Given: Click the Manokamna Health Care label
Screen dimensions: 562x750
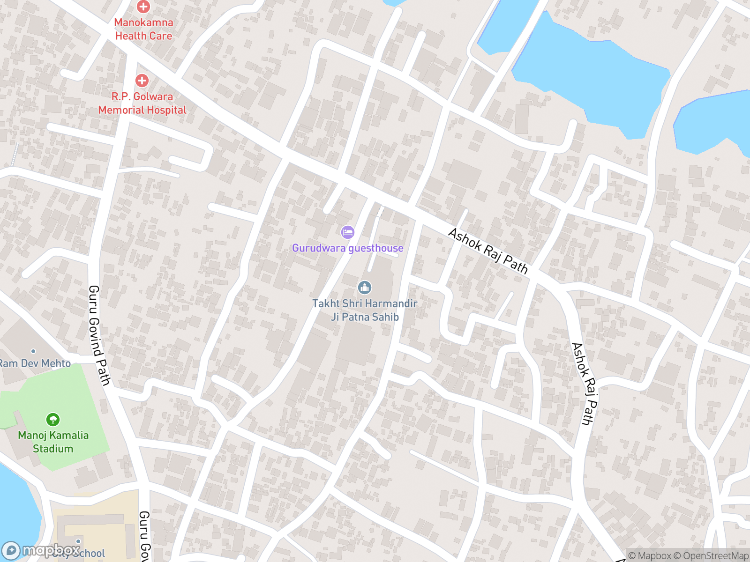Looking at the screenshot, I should (143, 29).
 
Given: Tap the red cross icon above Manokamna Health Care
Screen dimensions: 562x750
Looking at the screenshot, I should (143, 7).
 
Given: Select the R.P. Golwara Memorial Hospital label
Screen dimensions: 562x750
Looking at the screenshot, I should (142, 103).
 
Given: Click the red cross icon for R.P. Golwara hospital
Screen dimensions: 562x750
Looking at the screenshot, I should (142, 81).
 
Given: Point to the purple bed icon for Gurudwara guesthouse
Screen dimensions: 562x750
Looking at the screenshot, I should (347, 232).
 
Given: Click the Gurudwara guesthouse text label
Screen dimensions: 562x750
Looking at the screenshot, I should (347, 248).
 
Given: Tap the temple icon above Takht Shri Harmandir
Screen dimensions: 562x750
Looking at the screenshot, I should (365, 287).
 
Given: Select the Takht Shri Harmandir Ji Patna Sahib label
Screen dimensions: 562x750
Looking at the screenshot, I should (365, 310).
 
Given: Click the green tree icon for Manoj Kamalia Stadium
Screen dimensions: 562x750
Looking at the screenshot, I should (53, 419).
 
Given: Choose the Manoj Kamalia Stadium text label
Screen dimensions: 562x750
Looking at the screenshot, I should (53, 442).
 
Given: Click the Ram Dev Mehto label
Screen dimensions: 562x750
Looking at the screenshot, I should (35, 363).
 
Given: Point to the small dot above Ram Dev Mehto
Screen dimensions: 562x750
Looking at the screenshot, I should (33, 351).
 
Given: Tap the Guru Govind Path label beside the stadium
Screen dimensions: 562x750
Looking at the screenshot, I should (99, 335).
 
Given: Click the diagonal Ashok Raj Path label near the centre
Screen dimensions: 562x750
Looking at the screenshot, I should (488, 251).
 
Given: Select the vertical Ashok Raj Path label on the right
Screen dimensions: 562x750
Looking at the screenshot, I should (585, 384).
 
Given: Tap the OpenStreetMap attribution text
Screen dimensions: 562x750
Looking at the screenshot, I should (716, 556).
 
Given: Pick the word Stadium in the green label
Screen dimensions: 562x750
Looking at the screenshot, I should (53, 449).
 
